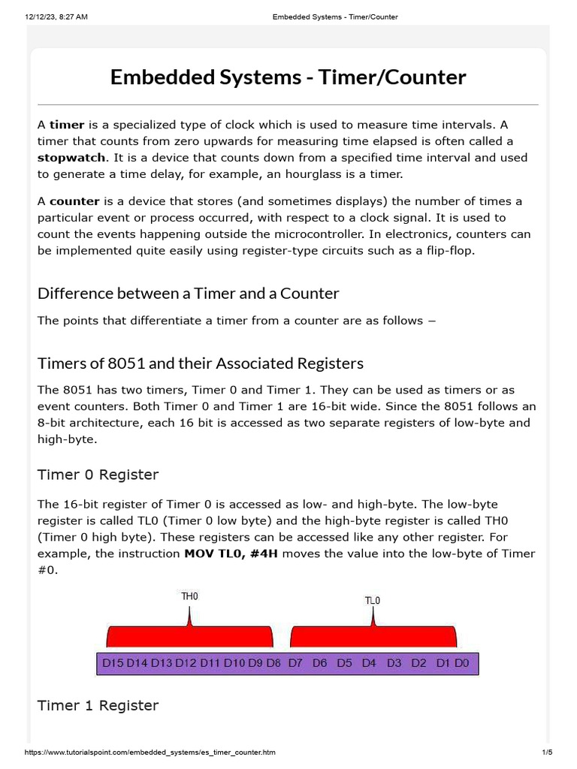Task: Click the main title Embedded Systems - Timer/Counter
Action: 288,77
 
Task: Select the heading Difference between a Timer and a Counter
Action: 188,293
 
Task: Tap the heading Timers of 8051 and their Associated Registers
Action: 200,363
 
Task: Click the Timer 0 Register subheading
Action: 98,475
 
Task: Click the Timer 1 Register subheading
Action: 98,705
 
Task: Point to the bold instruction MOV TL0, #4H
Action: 225,553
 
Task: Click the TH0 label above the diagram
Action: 190,596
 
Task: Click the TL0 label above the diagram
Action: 373,600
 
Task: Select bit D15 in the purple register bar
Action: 113,663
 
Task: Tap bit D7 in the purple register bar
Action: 295,663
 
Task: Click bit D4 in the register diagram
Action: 369,663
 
